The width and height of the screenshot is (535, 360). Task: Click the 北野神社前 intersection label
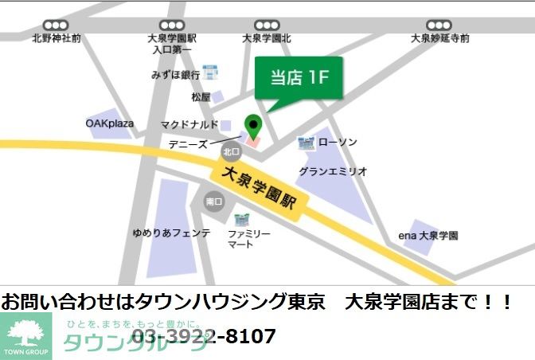point(57,38)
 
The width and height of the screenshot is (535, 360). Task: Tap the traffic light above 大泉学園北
point(267,25)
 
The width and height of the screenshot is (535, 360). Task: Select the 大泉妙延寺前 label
point(439,38)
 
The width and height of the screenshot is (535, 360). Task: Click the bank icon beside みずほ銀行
point(211,73)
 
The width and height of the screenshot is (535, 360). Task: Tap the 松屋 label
point(201,97)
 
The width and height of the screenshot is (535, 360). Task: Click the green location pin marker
point(252,126)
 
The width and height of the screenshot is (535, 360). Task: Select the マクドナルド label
point(189,124)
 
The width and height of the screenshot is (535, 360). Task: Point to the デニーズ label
point(188,145)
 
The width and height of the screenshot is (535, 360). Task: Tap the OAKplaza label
point(110,123)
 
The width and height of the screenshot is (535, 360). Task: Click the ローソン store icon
point(306,143)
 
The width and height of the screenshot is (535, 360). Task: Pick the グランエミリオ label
point(333,171)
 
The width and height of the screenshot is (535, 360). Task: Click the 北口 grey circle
point(231,151)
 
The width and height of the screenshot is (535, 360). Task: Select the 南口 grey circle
point(213,202)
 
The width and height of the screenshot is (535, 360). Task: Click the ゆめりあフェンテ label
point(171,233)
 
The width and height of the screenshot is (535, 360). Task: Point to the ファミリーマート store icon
point(241,217)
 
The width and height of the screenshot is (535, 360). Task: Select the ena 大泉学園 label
point(428,236)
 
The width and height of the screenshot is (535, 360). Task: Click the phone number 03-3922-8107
point(203,336)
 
